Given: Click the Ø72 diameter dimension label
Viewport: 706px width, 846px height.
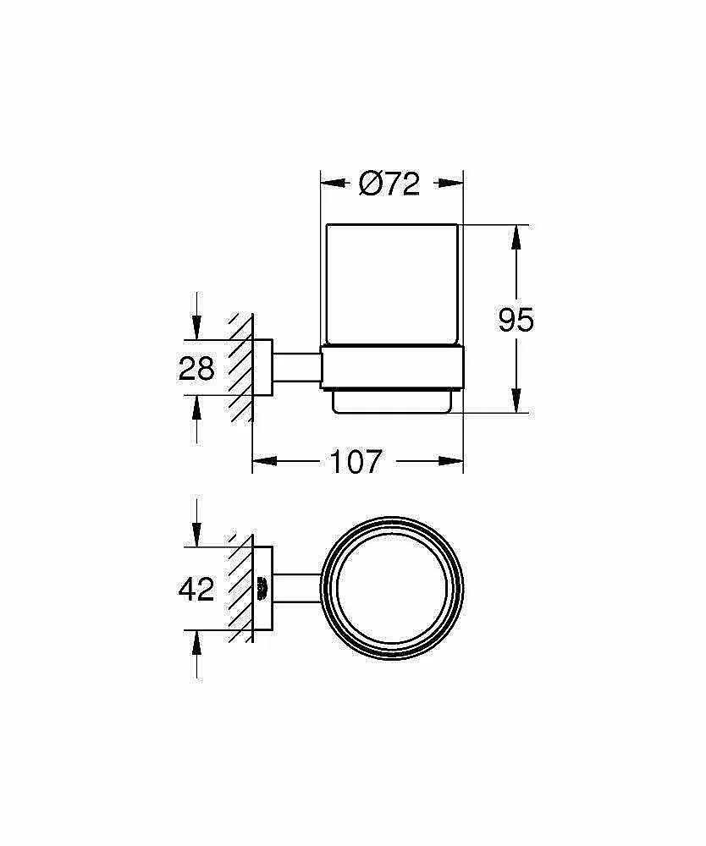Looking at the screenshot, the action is click(x=389, y=184).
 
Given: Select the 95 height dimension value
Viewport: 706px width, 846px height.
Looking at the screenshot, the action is click(x=516, y=320).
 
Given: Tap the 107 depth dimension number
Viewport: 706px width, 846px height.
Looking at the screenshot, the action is click(x=356, y=462).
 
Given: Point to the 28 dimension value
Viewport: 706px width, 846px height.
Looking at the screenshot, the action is click(x=196, y=369).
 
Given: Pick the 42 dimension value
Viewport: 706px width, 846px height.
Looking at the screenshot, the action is click(x=196, y=589).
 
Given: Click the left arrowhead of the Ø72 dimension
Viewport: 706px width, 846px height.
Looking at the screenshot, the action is click(x=333, y=184).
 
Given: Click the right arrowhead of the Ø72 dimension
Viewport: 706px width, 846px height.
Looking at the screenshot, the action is click(x=451, y=184).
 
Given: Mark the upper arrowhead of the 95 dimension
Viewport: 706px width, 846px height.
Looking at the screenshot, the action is click(x=516, y=238).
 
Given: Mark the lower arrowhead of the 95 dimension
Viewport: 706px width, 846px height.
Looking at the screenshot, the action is click(x=516, y=401).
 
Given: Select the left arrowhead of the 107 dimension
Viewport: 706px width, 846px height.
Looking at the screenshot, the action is click(x=265, y=461).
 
